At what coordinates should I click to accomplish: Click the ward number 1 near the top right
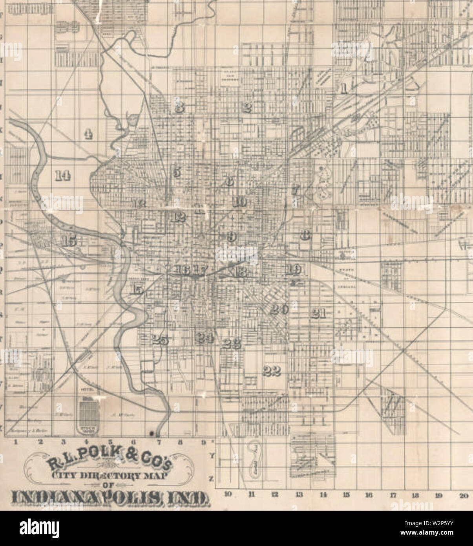pyautogui.click(x=343, y=88)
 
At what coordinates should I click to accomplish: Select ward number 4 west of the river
pyautogui.click(x=89, y=134)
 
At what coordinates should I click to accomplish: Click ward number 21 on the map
pyautogui.click(x=319, y=313)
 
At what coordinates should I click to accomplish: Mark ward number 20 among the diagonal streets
pyautogui.click(x=279, y=309)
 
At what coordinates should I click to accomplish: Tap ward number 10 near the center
pyautogui.click(x=239, y=202)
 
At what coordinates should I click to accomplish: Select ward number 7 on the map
pyautogui.click(x=295, y=191)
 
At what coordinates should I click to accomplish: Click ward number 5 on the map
pyautogui.click(x=176, y=172)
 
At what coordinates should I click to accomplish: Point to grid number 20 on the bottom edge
pyautogui.click(x=463, y=495)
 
